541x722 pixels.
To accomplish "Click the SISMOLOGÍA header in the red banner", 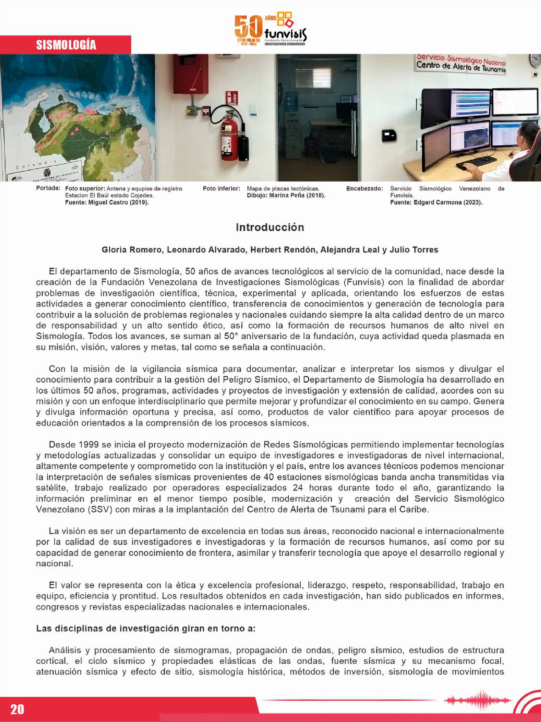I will click(x=66, y=45).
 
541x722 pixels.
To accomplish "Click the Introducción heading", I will click(x=270, y=227).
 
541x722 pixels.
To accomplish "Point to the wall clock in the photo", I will click(x=535, y=61).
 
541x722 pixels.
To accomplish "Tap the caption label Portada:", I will click(x=48, y=188).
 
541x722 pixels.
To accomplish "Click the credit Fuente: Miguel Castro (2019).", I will click(x=107, y=202).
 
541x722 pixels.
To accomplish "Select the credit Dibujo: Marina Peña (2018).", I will click(x=286, y=196).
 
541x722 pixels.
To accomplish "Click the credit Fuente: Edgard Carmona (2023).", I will click(x=436, y=202).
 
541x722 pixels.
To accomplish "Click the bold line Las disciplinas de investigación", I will click(x=145, y=629).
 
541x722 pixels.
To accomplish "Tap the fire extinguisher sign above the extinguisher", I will click(x=231, y=98).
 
